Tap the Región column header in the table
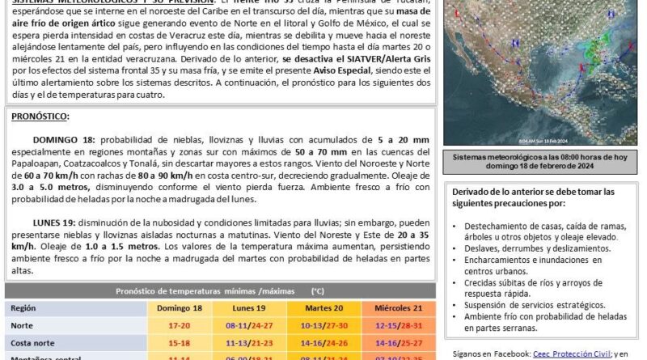tap(25, 307)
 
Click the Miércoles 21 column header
tap(393, 307)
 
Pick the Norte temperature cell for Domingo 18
tap(180, 325)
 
